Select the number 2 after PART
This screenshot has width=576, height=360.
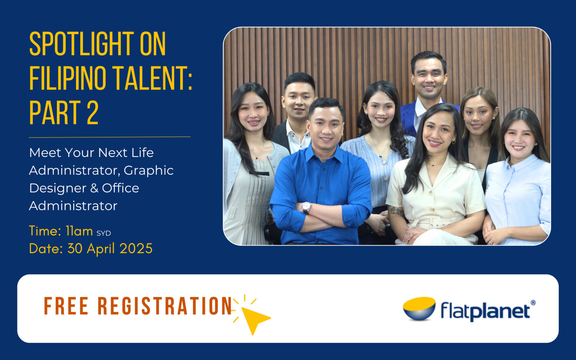[x=93, y=113]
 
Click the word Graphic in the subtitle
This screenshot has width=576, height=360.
[x=148, y=170]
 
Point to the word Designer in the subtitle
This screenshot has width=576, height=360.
[x=58, y=188]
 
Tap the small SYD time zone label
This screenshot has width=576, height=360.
[x=104, y=233]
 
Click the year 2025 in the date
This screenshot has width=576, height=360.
[x=136, y=249]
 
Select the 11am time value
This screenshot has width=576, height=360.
[x=79, y=231]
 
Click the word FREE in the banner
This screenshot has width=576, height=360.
[x=66, y=306]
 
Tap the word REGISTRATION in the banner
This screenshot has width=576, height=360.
[x=165, y=306]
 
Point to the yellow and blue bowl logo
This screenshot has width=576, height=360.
[x=419, y=308]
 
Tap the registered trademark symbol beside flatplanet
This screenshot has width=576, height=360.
[x=533, y=303]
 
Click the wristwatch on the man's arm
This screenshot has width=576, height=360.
[x=306, y=207]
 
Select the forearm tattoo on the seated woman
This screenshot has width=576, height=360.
[x=396, y=211]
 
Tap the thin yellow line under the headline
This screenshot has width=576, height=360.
[x=109, y=137]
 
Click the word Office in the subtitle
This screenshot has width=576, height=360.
[x=121, y=188]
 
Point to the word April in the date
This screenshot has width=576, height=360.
[x=101, y=249]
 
